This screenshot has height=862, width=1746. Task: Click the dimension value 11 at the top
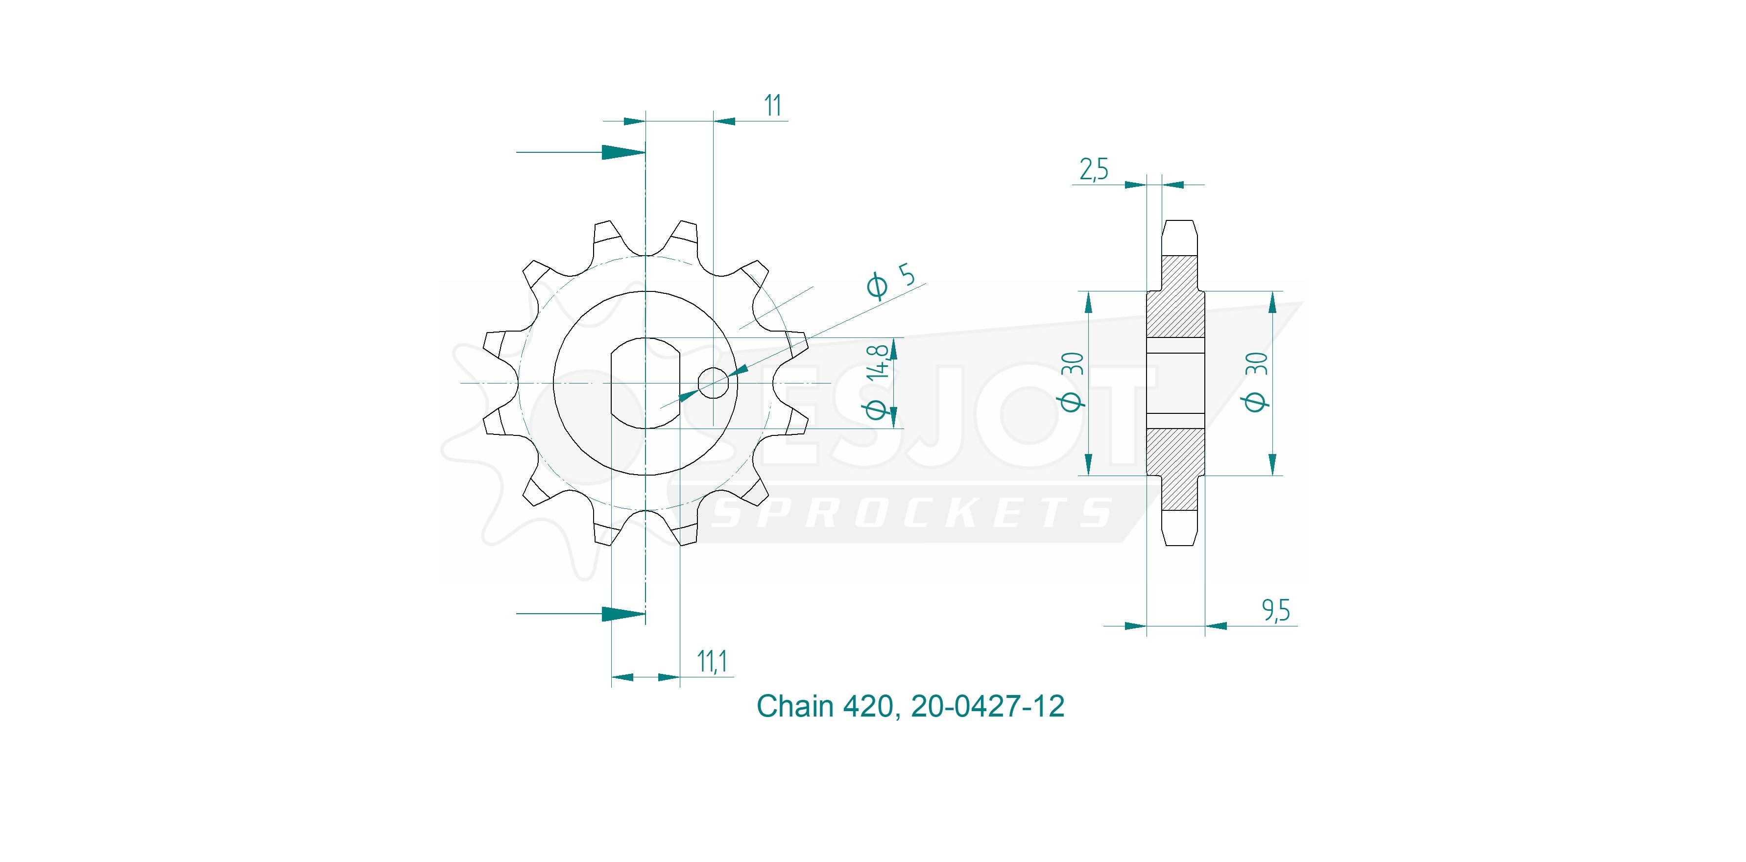click(773, 106)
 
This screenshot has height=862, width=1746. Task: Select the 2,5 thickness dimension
click(1093, 169)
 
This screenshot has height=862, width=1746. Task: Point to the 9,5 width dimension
click(1276, 611)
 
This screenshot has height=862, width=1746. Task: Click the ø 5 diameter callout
click(891, 281)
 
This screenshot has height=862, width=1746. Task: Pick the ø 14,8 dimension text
click(879, 382)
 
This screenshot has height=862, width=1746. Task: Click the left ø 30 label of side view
click(1072, 382)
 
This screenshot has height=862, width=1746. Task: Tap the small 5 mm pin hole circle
click(713, 383)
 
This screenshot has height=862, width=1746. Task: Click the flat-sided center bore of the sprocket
click(646, 383)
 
